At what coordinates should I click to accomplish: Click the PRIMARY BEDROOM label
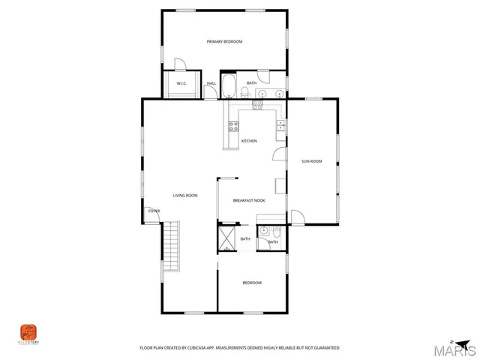click(x=225, y=41)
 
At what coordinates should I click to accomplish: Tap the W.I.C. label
click(x=181, y=83)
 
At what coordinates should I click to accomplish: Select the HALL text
click(x=211, y=83)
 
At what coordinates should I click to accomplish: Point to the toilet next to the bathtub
click(x=245, y=91)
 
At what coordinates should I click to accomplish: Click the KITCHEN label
click(x=249, y=141)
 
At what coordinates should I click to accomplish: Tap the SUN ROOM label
click(x=311, y=161)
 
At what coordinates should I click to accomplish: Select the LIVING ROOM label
click(x=185, y=196)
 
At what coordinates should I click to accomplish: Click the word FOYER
click(x=154, y=211)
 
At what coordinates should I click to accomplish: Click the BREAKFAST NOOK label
click(x=249, y=200)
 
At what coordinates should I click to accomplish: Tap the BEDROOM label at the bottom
click(x=252, y=283)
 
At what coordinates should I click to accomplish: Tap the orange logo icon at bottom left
click(x=28, y=331)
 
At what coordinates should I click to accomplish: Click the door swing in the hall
click(x=180, y=65)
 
